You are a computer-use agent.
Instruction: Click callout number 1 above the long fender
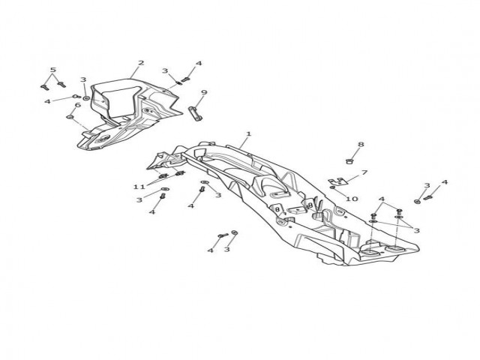point(248,133)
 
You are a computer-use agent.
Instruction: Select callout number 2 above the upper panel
point(141,63)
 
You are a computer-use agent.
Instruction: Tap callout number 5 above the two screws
point(53,70)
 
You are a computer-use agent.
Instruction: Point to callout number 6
point(78,105)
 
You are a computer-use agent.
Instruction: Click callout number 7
point(364,172)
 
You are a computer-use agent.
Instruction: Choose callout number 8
point(361,144)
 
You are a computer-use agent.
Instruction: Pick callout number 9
point(204,92)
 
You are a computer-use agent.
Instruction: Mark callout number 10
point(352,199)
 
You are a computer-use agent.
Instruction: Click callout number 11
point(139,187)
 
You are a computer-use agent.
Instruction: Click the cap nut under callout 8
point(348,161)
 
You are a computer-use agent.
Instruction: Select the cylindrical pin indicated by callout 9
point(195,113)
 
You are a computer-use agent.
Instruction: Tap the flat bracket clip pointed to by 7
point(337,181)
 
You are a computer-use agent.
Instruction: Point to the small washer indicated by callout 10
point(333,187)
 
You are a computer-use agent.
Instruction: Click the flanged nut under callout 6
point(70,117)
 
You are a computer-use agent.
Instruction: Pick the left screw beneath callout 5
point(45,87)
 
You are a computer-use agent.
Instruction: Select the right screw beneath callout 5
point(61,84)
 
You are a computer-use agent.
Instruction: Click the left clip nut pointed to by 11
point(163,176)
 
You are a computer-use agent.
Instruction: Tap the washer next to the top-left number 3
point(87,98)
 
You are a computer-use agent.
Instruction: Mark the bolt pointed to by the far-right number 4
point(427,198)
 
